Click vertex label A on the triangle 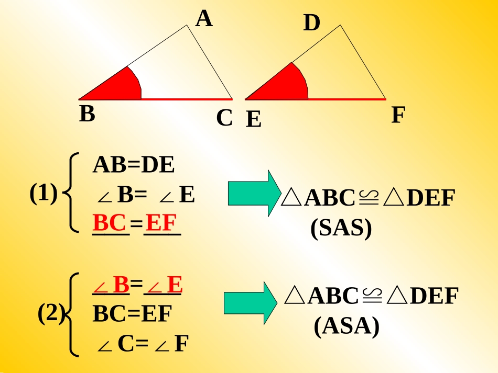tap(204, 19)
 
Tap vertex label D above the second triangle tap(311, 22)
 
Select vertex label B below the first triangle tap(87, 114)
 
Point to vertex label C tap(224, 118)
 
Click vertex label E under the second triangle tap(253, 119)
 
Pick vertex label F tap(398, 115)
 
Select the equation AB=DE tap(133, 165)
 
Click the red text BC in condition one tap(109, 223)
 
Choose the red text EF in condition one tap(161, 223)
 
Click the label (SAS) tap(341, 228)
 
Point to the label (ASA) tap(347, 326)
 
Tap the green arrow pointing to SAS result tap(255, 194)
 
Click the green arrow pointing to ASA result tap(251, 303)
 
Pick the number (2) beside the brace tap(51, 313)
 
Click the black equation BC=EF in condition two tap(132, 314)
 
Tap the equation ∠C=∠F tap(143, 344)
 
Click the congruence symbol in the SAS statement tap(369, 198)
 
